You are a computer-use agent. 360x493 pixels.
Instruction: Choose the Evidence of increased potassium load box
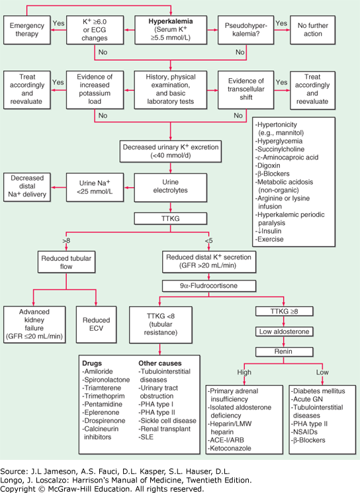click(97, 90)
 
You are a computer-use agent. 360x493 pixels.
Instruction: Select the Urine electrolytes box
click(171, 186)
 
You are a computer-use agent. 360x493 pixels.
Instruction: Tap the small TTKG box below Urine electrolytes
click(171, 217)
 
